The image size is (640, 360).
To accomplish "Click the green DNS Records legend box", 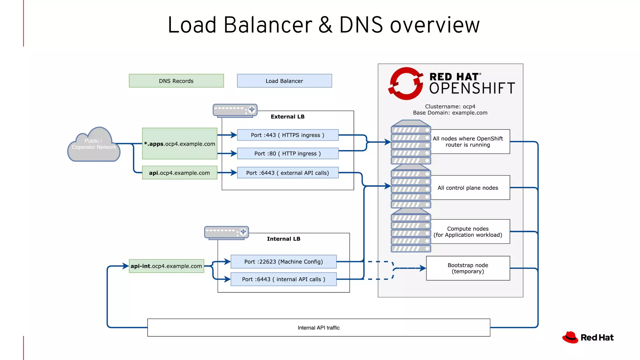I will (x=176, y=81).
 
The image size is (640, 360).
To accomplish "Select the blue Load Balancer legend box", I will (x=284, y=81).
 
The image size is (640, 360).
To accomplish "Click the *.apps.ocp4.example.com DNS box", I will (x=180, y=144).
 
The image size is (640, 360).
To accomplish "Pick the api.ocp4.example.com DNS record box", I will (x=180, y=173).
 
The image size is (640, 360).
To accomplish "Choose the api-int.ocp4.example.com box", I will (x=166, y=266).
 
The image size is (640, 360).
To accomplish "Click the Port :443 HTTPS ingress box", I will (x=287, y=135).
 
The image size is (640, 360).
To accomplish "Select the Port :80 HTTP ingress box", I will (x=287, y=153).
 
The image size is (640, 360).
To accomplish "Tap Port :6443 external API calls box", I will (x=287, y=173).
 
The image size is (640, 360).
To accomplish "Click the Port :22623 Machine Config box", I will (x=283, y=262).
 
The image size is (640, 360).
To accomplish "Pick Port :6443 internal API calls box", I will (x=283, y=279).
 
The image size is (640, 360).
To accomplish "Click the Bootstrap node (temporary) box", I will (x=468, y=268).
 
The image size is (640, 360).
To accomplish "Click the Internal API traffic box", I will (x=318, y=327).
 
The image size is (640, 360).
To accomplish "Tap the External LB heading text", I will (x=287, y=117).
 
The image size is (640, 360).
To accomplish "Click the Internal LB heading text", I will (x=283, y=239).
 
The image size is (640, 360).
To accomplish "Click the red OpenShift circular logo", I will (x=406, y=84).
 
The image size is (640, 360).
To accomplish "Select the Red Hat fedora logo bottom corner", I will (x=570, y=337).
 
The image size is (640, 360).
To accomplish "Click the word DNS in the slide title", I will (x=361, y=25).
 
